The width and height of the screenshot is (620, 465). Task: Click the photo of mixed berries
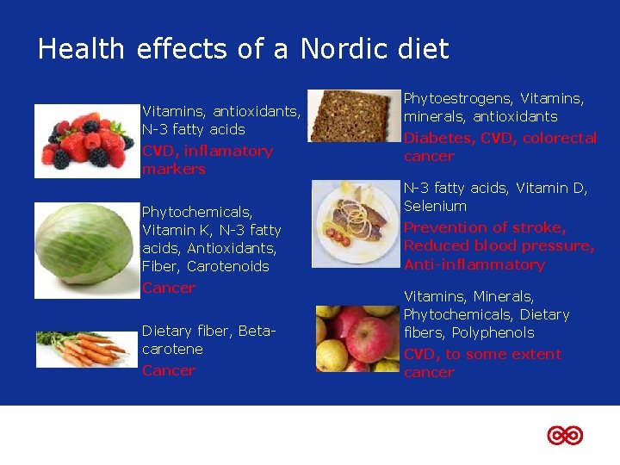(x=86, y=140)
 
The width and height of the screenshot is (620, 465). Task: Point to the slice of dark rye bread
(x=353, y=116)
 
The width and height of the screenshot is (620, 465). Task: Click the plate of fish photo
(x=353, y=223)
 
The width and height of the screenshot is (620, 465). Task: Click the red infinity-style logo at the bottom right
(x=565, y=436)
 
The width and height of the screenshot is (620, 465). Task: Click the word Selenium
(x=435, y=207)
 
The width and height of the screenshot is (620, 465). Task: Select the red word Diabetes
(x=438, y=139)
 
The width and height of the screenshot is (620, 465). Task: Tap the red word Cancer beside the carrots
(x=169, y=370)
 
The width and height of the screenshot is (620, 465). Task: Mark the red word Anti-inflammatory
(x=474, y=265)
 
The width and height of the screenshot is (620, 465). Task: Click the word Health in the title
(x=81, y=49)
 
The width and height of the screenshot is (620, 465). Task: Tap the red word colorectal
(x=560, y=139)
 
